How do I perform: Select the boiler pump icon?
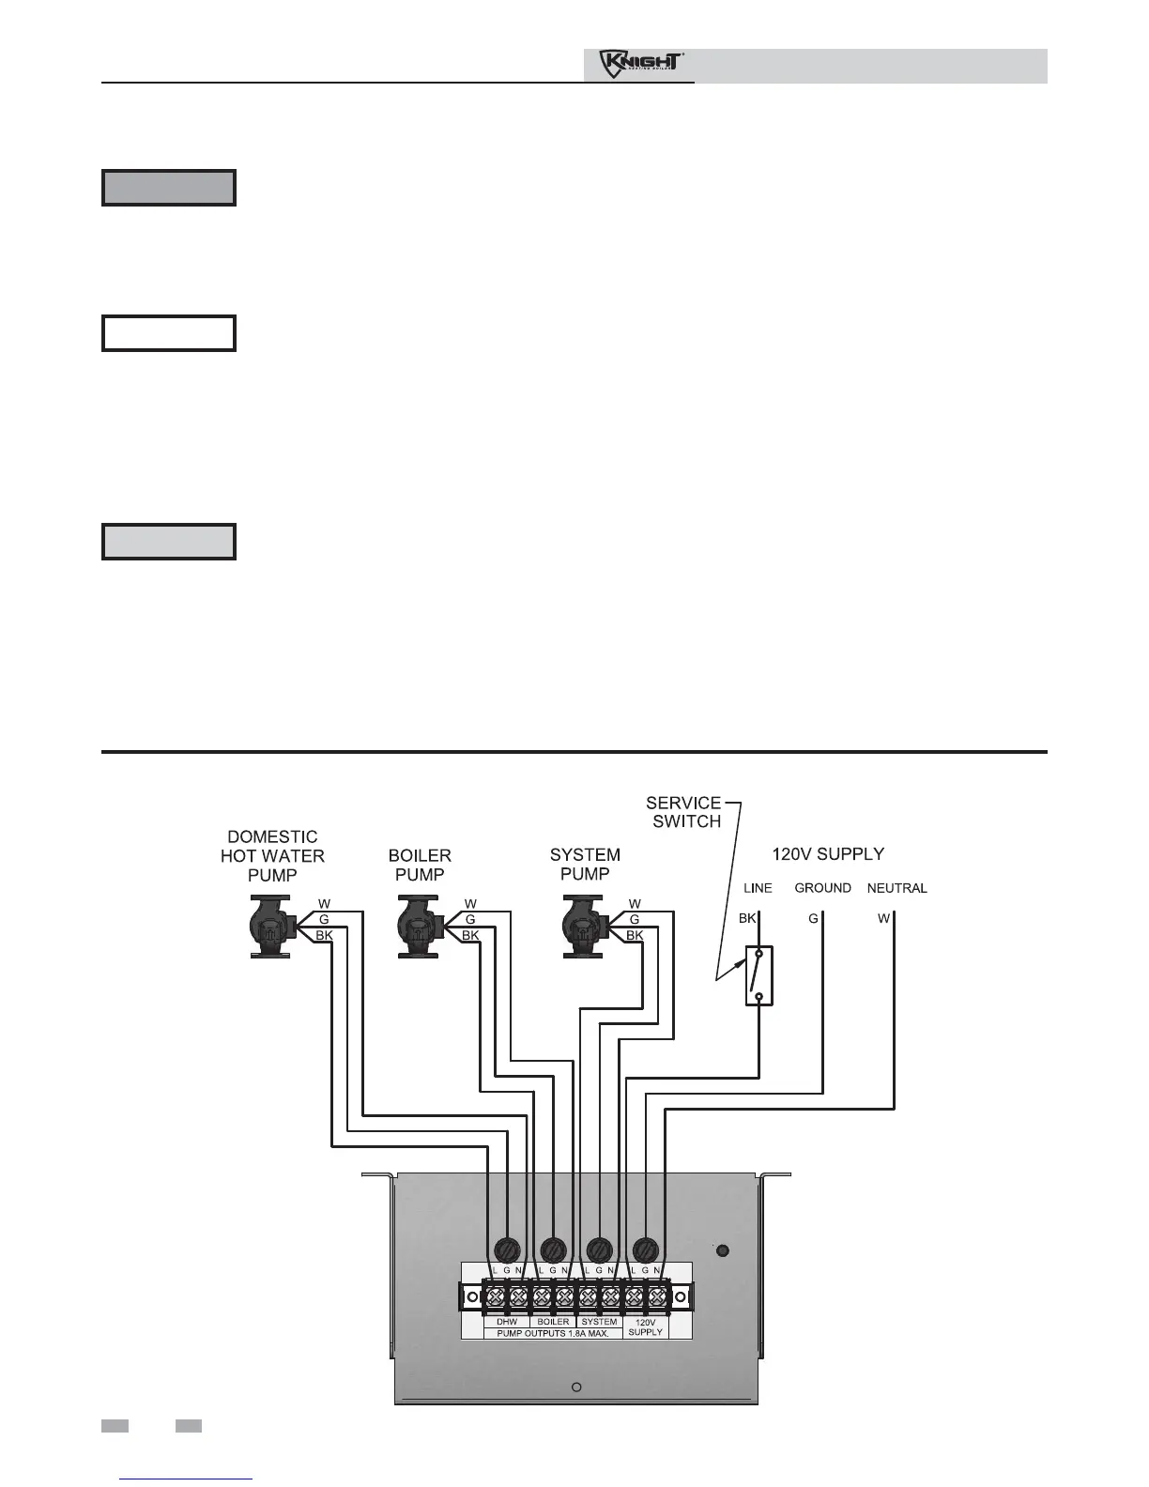(x=419, y=926)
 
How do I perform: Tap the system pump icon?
(x=584, y=926)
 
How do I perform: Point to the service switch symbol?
(x=758, y=975)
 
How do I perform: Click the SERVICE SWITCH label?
(x=683, y=812)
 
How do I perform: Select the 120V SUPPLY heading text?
(x=827, y=854)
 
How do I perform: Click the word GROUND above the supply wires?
(x=822, y=888)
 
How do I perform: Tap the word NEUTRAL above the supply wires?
(x=896, y=888)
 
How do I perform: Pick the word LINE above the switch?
(x=758, y=888)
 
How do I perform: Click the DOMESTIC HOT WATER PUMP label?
(x=272, y=855)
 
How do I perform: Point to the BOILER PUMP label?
(x=420, y=865)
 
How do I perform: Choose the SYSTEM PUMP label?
(x=585, y=864)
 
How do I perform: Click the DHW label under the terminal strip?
(x=507, y=1322)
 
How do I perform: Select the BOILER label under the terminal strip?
(x=553, y=1322)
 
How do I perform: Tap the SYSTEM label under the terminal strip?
(x=599, y=1322)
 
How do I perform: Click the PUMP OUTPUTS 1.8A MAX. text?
(x=553, y=1333)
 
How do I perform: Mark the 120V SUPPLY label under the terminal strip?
(x=645, y=1326)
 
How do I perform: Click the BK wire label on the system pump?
(x=635, y=935)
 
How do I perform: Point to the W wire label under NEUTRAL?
(x=883, y=918)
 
